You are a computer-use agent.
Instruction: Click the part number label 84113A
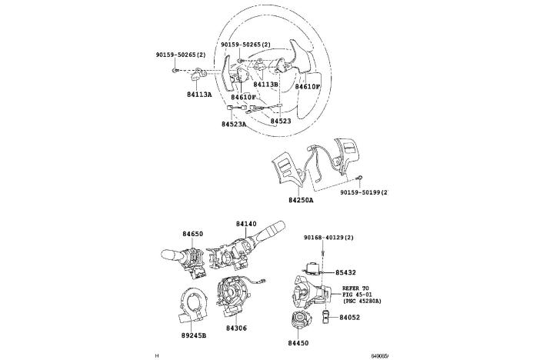[x=199, y=95]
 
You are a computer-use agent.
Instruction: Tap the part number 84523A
[x=234, y=124]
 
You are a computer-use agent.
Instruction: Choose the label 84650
[x=193, y=233]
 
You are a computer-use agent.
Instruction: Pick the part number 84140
[x=246, y=224]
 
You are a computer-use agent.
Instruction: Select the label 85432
[x=346, y=272]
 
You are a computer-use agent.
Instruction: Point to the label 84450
[x=298, y=344]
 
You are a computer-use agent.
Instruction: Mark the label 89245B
[x=194, y=335]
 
